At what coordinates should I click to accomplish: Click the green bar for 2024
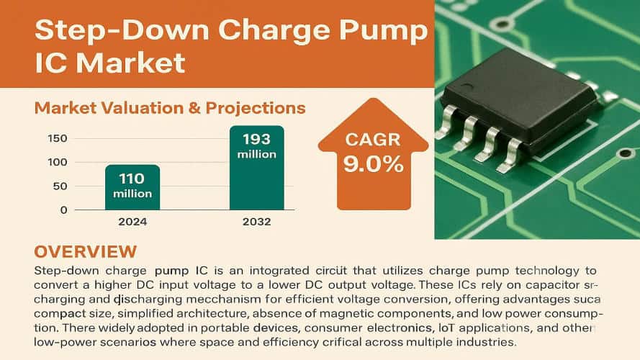[132, 187]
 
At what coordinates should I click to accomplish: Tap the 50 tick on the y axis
[60, 186]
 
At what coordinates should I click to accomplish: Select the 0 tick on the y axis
[64, 210]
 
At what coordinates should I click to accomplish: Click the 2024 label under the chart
[132, 222]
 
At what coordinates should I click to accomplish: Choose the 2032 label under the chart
[256, 222]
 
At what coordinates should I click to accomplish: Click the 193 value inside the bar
[256, 139]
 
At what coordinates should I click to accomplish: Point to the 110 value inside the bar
[132, 178]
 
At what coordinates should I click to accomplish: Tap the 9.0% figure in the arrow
[373, 164]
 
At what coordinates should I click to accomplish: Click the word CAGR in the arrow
[373, 139]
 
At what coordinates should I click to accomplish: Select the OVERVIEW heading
[85, 252]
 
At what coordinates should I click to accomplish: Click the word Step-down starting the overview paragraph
[66, 271]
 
